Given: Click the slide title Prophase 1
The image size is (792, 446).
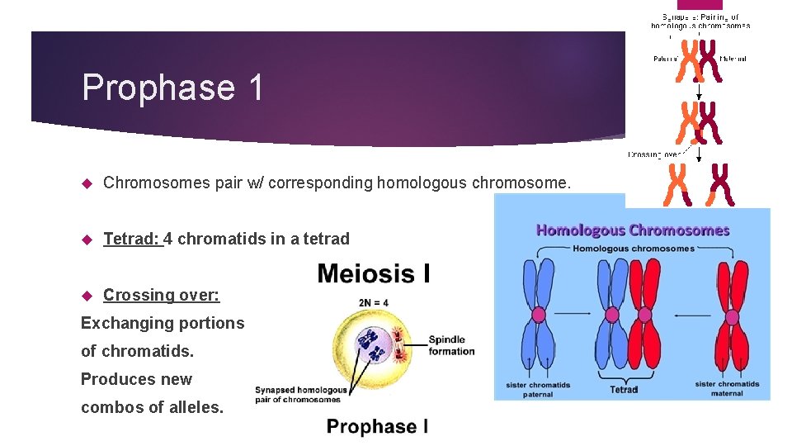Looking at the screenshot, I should [x=172, y=88].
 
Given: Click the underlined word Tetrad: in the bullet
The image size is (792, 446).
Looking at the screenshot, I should [x=132, y=239].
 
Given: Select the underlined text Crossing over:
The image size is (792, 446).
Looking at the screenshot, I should [x=161, y=295].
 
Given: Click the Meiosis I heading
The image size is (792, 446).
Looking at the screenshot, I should [x=373, y=273].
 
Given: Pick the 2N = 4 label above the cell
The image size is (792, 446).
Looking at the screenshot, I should [x=374, y=302].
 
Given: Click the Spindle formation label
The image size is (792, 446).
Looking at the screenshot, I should [x=451, y=345].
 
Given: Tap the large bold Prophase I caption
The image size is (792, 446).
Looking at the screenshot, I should [x=377, y=426].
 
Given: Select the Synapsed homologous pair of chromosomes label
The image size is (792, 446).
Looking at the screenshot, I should [x=300, y=395].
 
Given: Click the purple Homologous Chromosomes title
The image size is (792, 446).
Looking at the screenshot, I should [x=633, y=230].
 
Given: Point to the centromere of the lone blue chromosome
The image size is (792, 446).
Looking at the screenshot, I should [x=539, y=315].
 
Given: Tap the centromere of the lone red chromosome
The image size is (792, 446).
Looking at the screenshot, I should [x=731, y=315].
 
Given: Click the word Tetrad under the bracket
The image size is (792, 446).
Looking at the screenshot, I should [x=624, y=389].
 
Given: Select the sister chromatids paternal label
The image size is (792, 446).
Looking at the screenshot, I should [x=538, y=388].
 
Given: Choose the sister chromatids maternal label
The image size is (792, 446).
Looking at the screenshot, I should [x=727, y=388].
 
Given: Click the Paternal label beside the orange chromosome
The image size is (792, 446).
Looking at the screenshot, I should [x=665, y=59].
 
